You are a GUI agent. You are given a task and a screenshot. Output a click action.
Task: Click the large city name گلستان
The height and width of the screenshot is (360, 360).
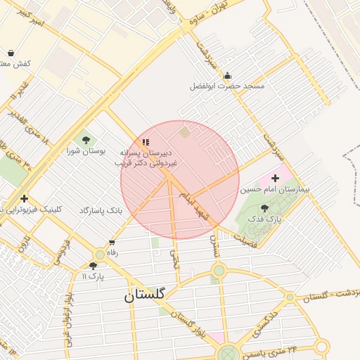click(x=144, y=295)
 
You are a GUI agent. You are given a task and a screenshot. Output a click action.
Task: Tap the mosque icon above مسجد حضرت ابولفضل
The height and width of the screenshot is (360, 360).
click(x=226, y=76)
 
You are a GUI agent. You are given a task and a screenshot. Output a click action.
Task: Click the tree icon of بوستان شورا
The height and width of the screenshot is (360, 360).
click(x=86, y=140)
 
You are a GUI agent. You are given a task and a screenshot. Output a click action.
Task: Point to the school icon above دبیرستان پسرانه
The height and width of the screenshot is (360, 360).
click(x=146, y=142)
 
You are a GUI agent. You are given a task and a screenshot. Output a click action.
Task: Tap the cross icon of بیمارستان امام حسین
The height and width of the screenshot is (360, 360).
click(x=275, y=179)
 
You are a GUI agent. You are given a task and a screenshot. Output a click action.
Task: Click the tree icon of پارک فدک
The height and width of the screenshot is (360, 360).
click(x=264, y=208)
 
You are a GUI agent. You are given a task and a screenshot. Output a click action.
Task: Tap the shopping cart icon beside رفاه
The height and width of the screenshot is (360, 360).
click(x=112, y=243)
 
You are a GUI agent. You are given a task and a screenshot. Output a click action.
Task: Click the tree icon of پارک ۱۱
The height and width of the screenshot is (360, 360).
click(x=93, y=266)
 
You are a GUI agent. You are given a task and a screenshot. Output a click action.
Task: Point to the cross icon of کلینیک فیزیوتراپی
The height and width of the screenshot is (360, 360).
click(x=25, y=199)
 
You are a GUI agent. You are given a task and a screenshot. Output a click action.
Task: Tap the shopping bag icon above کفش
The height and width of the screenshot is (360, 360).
click(x=11, y=53)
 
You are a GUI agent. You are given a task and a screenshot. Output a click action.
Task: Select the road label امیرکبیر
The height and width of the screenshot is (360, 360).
click(x=32, y=18)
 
